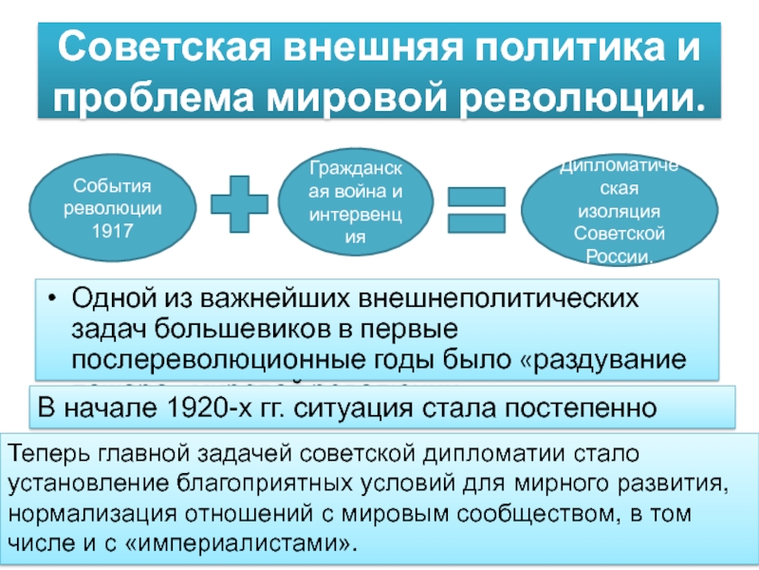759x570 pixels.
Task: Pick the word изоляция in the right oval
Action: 620,212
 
